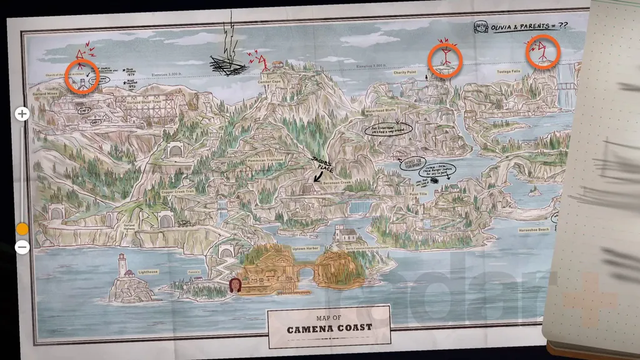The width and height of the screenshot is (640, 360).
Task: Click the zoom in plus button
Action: (x=22, y=114)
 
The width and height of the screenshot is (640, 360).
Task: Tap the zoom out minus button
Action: (x=22, y=247)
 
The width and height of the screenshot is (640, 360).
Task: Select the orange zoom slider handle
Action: (x=22, y=229)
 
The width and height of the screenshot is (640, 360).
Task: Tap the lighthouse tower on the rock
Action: (x=122, y=265)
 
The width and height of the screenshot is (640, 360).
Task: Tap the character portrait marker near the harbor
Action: (x=235, y=286)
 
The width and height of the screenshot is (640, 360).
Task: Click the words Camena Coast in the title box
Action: (x=329, y=327)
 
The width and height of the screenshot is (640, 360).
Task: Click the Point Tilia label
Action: (x=418, y=194)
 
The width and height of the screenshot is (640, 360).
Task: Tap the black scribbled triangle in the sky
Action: (x=226, y=62)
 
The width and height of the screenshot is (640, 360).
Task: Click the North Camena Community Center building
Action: (x=344, y=234)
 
